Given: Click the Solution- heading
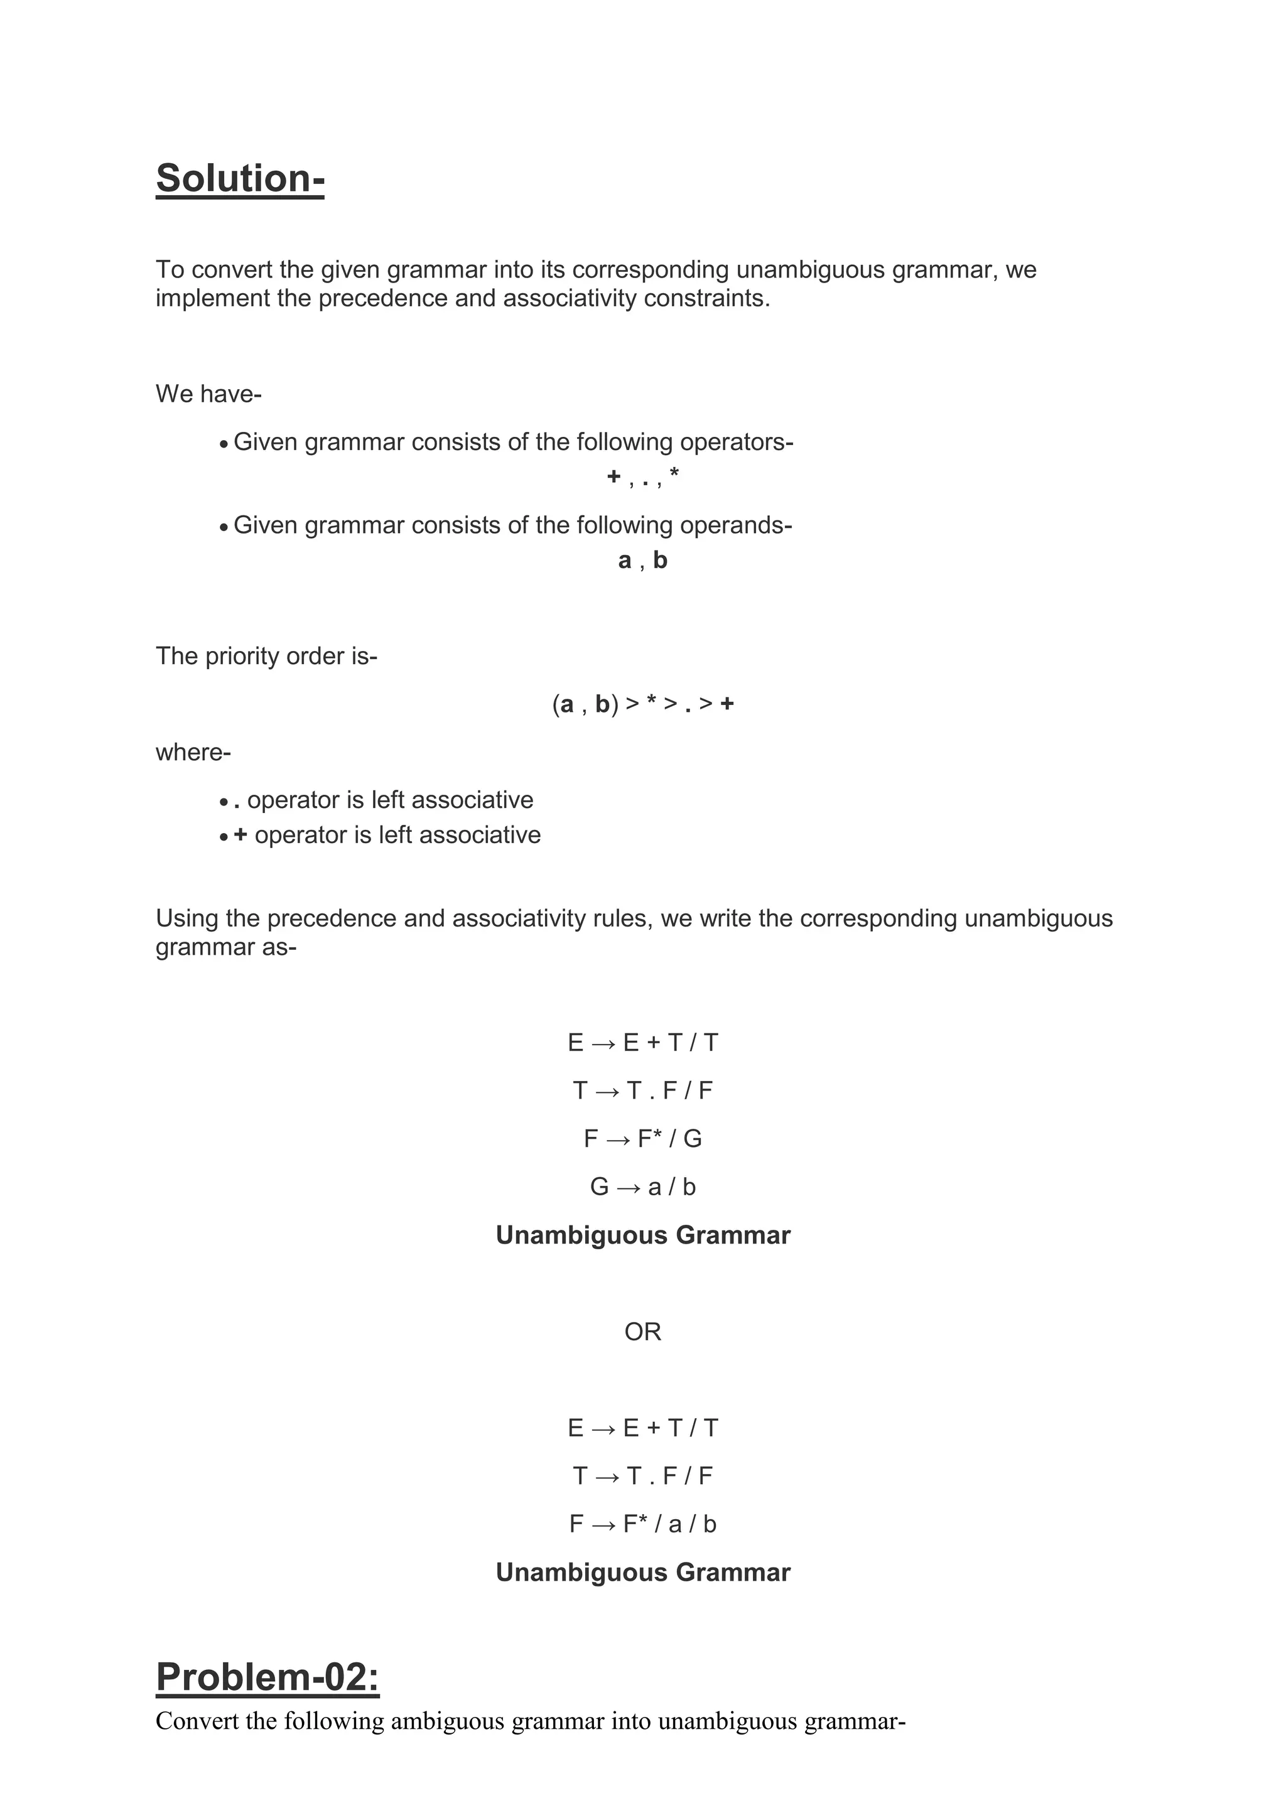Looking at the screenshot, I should pos(240,178).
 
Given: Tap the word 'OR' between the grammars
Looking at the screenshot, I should pos(642,1332).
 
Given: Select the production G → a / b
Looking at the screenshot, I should pos(642,1187).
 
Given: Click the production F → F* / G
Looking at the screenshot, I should pos(642,1139).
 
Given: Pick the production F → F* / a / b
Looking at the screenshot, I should pos(642,1524).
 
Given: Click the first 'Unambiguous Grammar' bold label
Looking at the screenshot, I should pos(642,1235).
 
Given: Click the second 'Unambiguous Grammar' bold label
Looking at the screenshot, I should pos(642,1573).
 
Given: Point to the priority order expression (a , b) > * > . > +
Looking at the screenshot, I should pos(642,704).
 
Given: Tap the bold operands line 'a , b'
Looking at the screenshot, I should pos(642,561).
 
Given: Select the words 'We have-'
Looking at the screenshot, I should pos(208,394).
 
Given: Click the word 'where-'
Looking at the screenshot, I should pos(193,752).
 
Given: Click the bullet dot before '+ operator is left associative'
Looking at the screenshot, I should pos(224,837).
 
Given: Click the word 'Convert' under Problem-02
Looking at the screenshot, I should pos(197,1721).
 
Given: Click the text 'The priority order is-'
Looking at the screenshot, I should pos(266,657).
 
